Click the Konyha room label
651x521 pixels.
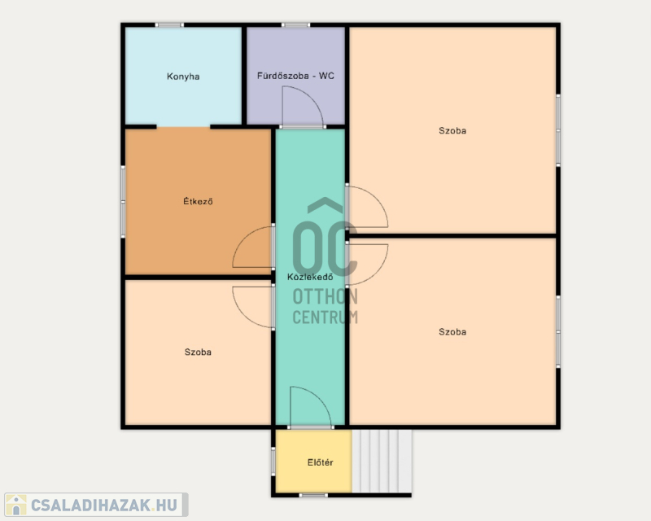[x=183, y=77]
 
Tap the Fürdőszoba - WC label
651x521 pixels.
[x=295, y=76]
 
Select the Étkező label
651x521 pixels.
[x=198, y=202]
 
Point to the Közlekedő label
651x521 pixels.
[x=310, y=277]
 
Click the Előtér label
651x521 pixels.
[x=320, y=462]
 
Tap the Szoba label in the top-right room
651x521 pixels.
[x=452, y=131]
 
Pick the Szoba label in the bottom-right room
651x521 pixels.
[x=452, y=332]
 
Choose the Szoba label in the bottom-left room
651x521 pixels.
[x=198, y=352]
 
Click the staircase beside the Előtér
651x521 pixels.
[x=382, y=462]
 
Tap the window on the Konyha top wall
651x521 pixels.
[x=169, y=25]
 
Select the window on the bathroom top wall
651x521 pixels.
[x=295, y=25]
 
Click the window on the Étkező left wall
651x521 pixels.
[x=123, y=202]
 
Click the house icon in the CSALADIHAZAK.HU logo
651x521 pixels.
[x=16, y=505]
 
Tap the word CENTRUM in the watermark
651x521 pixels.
[x=325, y=317]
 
